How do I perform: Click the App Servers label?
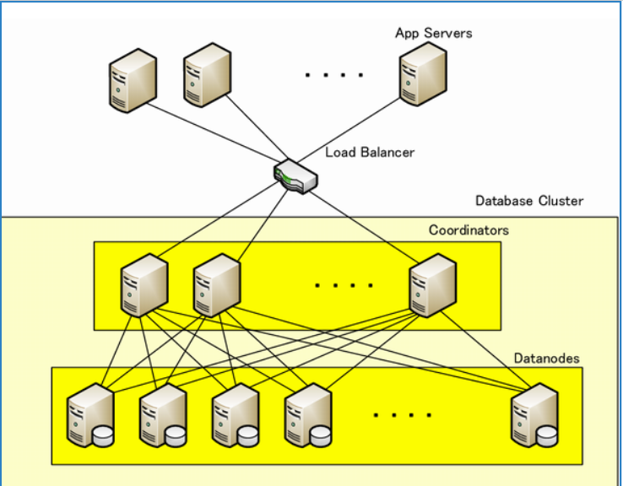(433, 33)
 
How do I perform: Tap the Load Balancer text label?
(370, 153)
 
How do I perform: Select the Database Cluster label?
(529, 201)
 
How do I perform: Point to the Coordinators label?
(469, 229)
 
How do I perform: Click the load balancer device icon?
(295, 175)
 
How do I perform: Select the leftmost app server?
(133, 78)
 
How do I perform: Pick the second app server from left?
(207, 75)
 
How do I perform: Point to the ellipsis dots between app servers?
(334, 75)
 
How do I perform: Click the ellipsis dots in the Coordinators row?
(343, 285)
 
